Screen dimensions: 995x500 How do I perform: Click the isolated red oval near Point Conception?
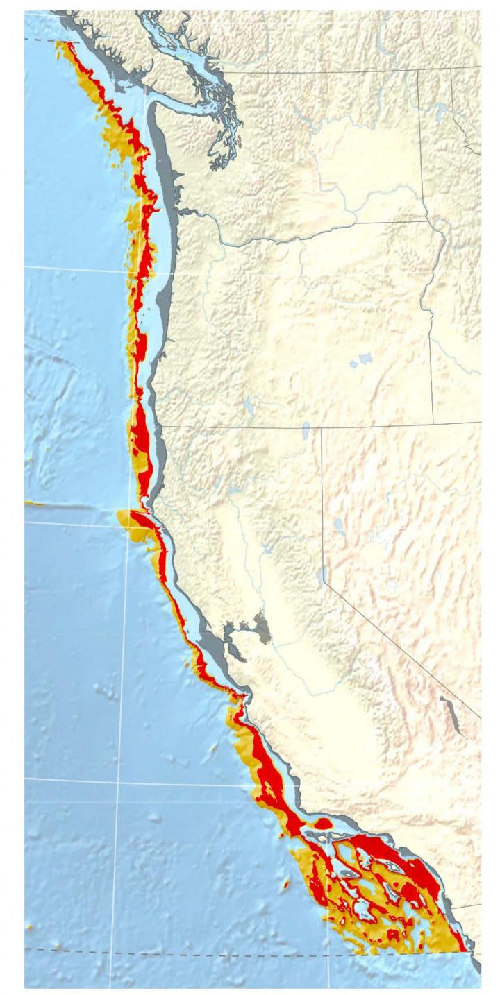coord(324,824)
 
